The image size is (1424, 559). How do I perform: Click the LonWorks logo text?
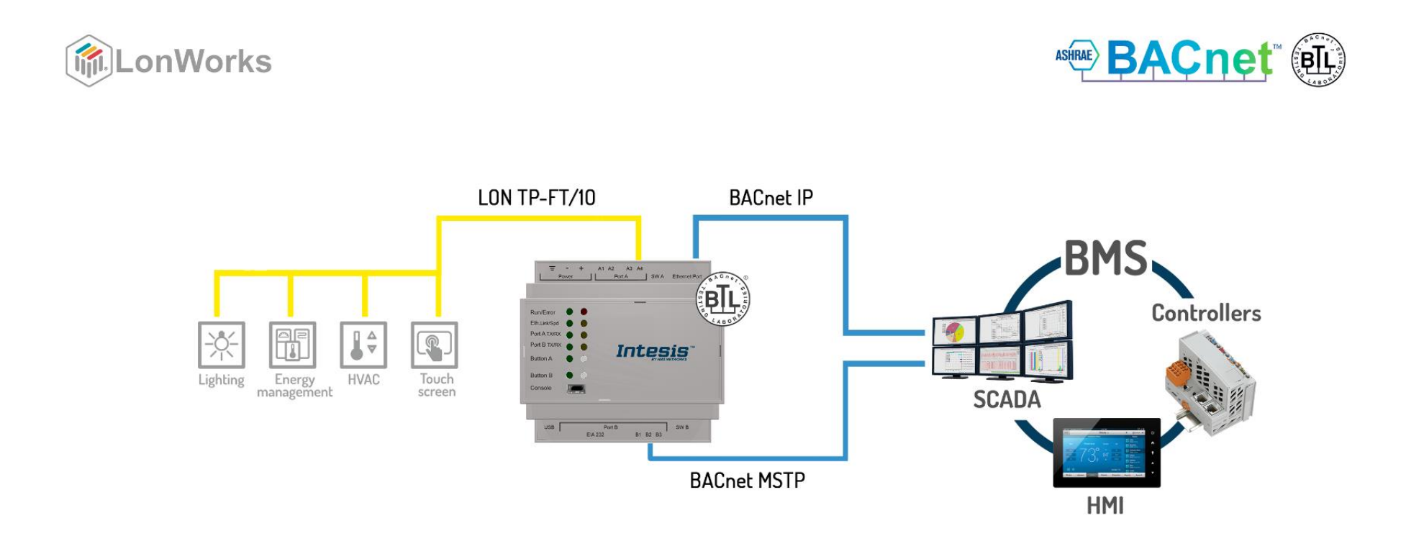(x=193, y=62)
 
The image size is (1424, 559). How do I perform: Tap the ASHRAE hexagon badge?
(x=1076, y=55)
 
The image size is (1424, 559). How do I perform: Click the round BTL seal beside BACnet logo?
(x=1318, y=60)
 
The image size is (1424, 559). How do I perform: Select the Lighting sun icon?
(x=222, y=345)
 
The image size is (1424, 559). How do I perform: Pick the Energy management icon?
(x=292, y=345)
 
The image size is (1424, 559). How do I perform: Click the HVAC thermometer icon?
(x=363, y=345)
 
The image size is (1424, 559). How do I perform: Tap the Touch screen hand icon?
(x=434, y=345)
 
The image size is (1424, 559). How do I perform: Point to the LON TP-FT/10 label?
(x=537, y=198)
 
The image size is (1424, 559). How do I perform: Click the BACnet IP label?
(x=771, y=198)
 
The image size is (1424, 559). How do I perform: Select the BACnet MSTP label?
(x=747, y=481)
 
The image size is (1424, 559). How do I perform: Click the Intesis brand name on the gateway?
(x=653, y=351)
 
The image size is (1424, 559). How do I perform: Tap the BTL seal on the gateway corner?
(x=722, y=299)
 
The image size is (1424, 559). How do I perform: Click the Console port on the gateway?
(x=576, y=388)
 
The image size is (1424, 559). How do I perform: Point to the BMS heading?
(x=1106, y=258)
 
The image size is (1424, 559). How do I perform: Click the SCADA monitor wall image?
(x=1002, y=341)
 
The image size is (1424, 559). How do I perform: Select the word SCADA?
(x=1007, y=399)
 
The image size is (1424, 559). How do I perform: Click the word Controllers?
(x=1206, y=313)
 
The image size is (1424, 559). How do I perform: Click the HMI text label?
(x=1105, y=506)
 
